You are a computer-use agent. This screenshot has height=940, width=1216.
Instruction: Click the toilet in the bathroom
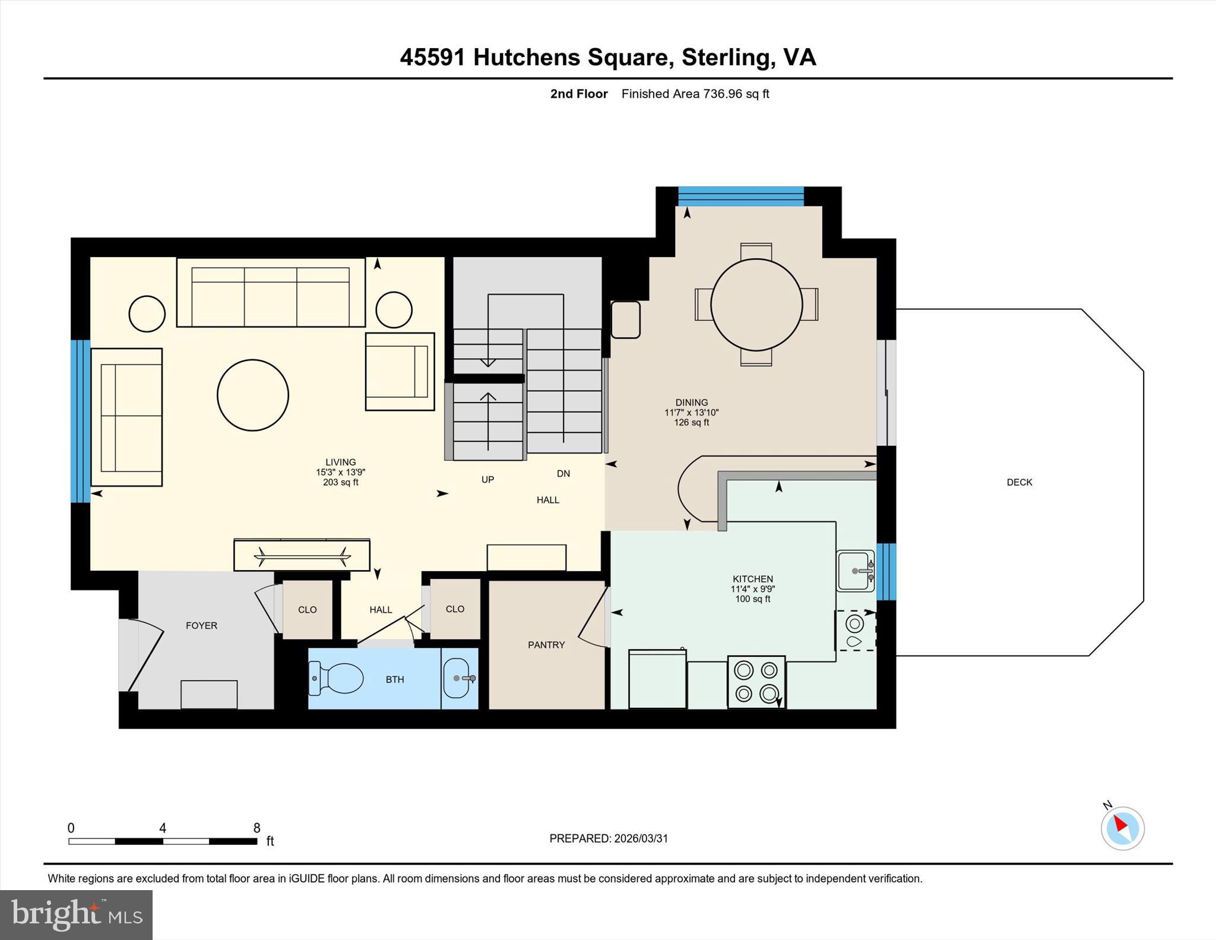(338, 678)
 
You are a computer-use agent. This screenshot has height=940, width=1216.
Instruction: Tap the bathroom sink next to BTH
(457, 678)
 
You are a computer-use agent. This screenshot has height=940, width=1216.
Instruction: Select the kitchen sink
(855, 571)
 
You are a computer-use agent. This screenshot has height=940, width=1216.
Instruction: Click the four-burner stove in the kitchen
(756, 682)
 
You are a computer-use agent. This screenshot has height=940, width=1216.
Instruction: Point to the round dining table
(756, 305)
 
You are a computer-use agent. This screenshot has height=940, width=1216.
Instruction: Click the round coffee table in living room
(253, 395)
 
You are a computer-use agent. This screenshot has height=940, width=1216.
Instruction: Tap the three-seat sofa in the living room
(271, 293)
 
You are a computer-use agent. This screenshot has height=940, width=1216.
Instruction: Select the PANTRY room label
(546, 645)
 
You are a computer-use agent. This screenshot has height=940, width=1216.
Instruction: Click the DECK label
(1019, 482)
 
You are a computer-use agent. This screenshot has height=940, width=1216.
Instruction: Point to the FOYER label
(201, 625)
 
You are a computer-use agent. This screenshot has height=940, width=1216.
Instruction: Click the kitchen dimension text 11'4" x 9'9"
(753, 589)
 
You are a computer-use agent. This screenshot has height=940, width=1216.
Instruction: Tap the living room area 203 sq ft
(340, 482)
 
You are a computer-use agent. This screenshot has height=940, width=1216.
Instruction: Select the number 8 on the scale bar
(256, 828)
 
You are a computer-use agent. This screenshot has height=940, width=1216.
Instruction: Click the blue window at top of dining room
(740, 196)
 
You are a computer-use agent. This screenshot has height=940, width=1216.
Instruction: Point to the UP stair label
(487, 479)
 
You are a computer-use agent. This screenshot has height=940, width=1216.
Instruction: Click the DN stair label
(563, 473)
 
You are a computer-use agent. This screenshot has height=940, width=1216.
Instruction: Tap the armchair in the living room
(400, 371)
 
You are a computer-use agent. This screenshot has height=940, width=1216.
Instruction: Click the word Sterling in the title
(727, 57)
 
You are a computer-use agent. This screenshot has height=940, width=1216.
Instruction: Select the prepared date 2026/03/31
(641, 838)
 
